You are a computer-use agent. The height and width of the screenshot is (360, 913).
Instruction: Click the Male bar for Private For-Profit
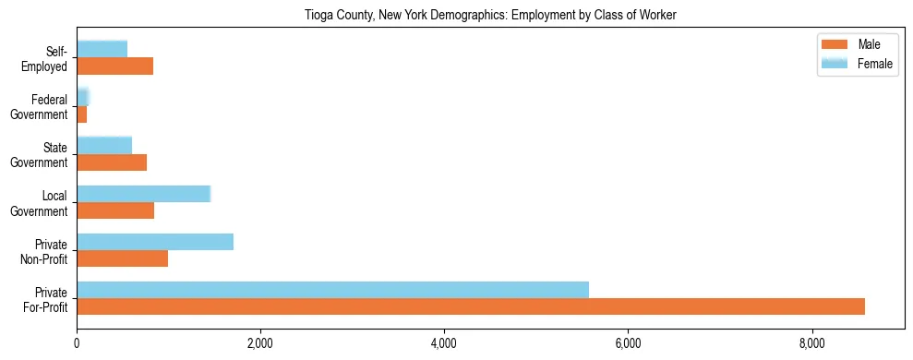471,306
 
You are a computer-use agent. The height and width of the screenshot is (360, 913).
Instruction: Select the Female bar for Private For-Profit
332,290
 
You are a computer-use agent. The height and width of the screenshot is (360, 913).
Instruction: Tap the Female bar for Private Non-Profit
155,242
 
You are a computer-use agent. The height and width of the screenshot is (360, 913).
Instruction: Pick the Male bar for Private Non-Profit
122,258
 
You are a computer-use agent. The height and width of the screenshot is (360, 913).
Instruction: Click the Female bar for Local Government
143,194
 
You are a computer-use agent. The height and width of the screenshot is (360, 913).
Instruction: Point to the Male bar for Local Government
115,210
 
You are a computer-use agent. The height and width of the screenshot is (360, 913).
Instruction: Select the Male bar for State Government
112,162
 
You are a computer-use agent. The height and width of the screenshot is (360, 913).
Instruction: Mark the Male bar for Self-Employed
114,66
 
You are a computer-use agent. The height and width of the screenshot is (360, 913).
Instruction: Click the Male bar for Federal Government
82,114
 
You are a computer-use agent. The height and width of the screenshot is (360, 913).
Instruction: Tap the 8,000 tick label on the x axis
812,343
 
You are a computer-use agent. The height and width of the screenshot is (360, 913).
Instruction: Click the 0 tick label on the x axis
77,343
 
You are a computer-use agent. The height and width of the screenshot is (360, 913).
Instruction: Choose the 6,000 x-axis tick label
628,343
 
